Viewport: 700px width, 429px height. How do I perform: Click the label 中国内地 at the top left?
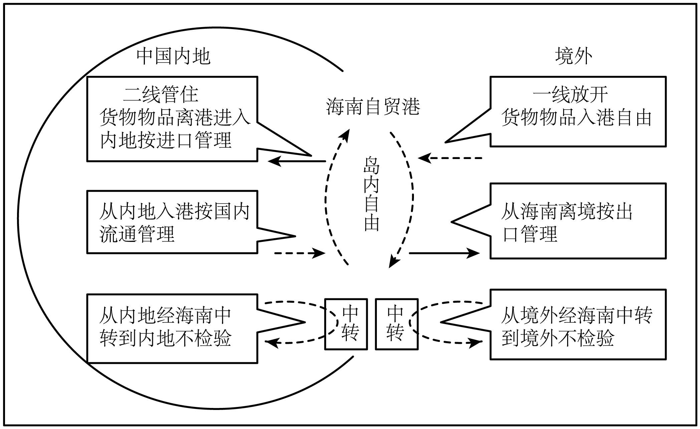coord(173,56)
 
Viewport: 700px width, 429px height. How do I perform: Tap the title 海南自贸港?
coord(373,107)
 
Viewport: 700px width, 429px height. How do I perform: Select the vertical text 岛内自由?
coord(372,194)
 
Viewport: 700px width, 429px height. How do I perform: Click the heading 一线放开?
coord(570,95)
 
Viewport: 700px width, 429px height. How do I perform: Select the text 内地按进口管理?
coord(166,140)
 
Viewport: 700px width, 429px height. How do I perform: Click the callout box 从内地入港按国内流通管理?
coord(172,222)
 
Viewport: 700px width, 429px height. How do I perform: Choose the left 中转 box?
coord(346,324)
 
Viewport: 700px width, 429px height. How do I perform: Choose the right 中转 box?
coord(397,324)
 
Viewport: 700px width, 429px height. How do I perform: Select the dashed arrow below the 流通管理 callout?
coord(299,253)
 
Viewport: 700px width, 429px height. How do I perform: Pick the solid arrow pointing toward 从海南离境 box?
coord(444,253)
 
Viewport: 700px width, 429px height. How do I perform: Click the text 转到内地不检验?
coord(166,338)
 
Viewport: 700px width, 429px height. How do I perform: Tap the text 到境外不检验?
coord(557,338)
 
